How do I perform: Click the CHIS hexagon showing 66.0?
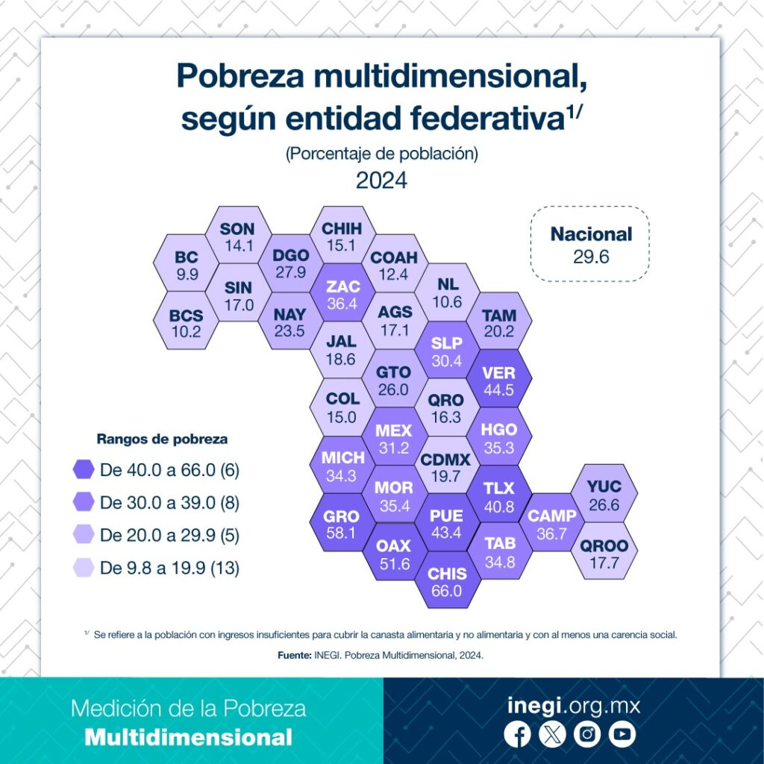[x=448, y=582]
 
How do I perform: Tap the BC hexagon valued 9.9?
[x=187, y=265]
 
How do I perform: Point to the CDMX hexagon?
[x=445, y=469]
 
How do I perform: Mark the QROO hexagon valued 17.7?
[x=604, y=554]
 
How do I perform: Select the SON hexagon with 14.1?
[x=238, y=237]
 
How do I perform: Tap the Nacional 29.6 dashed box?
[x=591, y=244]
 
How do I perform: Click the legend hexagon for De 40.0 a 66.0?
[x=84, y=469]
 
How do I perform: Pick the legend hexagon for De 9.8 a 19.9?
[x=84, y=568]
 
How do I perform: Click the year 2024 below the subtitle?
[x=381, y=181]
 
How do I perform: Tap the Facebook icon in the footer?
[x=517, y=735]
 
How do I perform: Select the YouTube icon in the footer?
[x=621, y=735]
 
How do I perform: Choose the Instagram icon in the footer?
[x=587, y=735]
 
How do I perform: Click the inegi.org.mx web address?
[x=573, y=705]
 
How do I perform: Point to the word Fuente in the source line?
[x=292, y=655]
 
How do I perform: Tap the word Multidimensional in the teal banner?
[x=188, y=738]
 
